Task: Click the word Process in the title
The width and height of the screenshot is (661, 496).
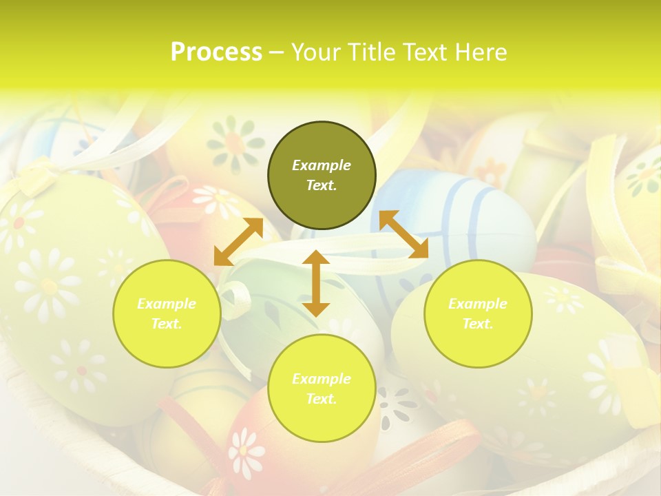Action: coord(216,52)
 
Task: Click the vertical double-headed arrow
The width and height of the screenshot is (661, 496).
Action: coord(316,283)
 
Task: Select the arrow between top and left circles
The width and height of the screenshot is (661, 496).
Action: coord(238,242)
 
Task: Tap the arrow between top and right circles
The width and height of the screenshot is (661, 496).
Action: coord(403,234)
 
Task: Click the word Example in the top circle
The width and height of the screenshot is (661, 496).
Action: coord(322,165)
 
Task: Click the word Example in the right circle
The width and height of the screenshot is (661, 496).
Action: coord(478,304)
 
